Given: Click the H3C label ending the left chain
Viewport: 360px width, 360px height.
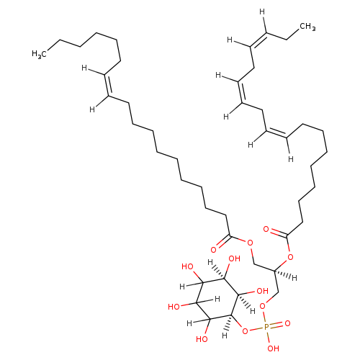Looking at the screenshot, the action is [x=39, y=54].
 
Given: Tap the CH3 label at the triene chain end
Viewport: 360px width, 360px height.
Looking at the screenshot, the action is [x=307, y=27].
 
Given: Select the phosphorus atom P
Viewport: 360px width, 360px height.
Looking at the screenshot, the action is [x=266, y=327].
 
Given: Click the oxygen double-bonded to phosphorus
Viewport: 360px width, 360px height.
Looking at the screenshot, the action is [x=287, y=323].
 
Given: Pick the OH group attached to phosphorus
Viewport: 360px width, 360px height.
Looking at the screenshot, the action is [x=274, y=348].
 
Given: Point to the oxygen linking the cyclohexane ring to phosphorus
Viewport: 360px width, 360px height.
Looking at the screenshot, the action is [x=245, y=331].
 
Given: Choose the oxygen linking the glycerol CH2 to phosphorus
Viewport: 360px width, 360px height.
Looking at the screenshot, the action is [x=263, y=306].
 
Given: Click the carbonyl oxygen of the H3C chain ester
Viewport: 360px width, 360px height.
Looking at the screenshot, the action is [x=213, y=250].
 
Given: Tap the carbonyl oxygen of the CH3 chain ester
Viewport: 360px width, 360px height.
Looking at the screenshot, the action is [x=266, y=229].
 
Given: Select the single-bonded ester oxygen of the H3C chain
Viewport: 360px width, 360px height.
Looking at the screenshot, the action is [x=250, y=243].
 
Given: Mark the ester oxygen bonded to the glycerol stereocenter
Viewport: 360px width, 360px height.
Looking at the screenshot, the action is [x=290, y=258].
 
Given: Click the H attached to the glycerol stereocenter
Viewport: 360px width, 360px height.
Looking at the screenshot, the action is [x=294, y=278].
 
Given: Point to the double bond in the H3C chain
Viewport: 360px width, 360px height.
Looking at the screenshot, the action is [x=108, y=85].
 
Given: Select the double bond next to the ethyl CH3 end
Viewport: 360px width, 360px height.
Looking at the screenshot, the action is [x=258, y=40].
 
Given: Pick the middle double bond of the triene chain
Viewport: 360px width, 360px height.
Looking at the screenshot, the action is [x=241, y=93].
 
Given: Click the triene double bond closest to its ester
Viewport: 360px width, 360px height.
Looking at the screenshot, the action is [x=276, y=133].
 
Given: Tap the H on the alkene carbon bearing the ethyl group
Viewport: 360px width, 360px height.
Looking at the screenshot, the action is [x=262, y=12].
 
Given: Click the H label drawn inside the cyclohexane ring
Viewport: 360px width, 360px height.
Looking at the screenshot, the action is [x=217, y=299].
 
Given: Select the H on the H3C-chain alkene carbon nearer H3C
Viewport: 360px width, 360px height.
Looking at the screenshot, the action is [x=84, y=68].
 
